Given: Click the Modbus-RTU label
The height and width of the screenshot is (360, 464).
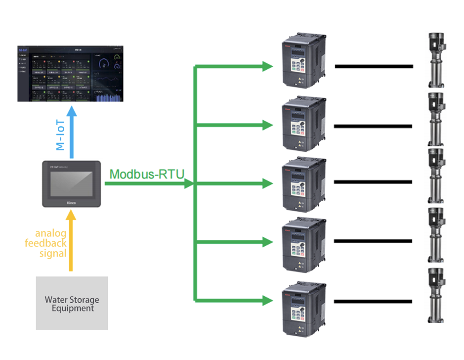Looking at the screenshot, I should tap(147, 174).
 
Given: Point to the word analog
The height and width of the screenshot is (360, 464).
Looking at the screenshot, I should tap(50, 233).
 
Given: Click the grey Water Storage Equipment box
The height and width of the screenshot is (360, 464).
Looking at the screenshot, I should tap(72, 303).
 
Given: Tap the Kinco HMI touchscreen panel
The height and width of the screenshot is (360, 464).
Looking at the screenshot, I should tap(71, 183).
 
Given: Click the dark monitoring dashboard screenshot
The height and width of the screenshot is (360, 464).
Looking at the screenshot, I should tap(71, 74).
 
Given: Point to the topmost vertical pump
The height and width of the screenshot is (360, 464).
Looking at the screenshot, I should tap(435, 59).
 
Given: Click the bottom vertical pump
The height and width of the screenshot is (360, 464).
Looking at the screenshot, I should tap(435, 295).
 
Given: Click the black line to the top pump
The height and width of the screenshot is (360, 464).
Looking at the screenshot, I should tap(374, 66).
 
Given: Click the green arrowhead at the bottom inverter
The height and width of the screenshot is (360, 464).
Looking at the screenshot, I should tap(267, 300).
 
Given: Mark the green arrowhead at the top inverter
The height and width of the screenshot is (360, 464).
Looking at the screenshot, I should tap(267, 66).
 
